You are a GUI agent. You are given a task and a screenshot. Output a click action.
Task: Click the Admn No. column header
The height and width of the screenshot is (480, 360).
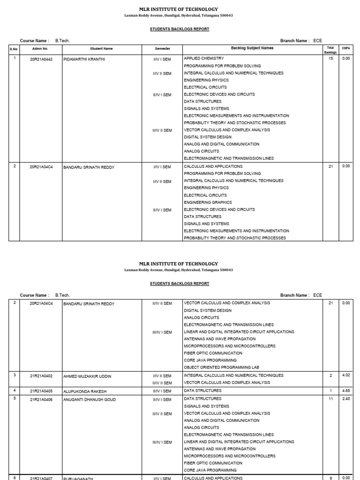(x=40, y=48)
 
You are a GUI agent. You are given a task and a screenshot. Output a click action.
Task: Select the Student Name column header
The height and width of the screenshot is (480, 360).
(x=101, y=48)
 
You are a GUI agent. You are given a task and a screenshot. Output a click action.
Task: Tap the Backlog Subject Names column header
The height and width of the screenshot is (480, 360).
(x=252, y=48)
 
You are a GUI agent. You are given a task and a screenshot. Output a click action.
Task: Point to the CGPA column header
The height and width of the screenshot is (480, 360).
(x=346, y=48)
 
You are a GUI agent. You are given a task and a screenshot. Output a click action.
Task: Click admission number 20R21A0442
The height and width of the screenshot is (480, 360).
(x=41, y=59)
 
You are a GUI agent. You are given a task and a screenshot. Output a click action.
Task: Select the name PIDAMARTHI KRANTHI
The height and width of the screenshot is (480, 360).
(x=84, y=59)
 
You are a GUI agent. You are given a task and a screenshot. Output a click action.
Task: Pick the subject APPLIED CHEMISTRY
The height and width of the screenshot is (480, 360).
(x=205, y=59)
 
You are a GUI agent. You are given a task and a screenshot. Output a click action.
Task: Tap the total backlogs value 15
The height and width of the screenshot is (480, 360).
(x=331, y=59)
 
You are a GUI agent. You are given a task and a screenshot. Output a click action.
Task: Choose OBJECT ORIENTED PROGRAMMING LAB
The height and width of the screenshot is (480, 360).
(x=221, y=367)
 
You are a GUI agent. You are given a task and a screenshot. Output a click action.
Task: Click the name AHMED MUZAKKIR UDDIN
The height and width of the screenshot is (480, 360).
(x=88, y=376)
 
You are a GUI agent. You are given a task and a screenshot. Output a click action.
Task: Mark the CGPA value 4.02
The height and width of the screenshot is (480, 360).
(x=346, y=375)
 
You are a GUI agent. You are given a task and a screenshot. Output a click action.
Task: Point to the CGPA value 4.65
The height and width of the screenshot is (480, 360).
(x=346, y=390)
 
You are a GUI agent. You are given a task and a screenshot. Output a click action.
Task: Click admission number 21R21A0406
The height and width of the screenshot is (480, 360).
(x=41, y=400)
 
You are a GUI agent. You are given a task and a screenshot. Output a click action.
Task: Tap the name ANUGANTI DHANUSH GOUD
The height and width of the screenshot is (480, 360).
(x=89, y=400)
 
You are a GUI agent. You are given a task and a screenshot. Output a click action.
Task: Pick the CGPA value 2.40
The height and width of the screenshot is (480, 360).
(x=346, y=399)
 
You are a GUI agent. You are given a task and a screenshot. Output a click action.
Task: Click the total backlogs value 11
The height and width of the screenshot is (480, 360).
(x=331, y=399)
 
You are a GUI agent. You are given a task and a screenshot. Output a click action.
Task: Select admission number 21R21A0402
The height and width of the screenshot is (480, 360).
(x=41, y=376)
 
